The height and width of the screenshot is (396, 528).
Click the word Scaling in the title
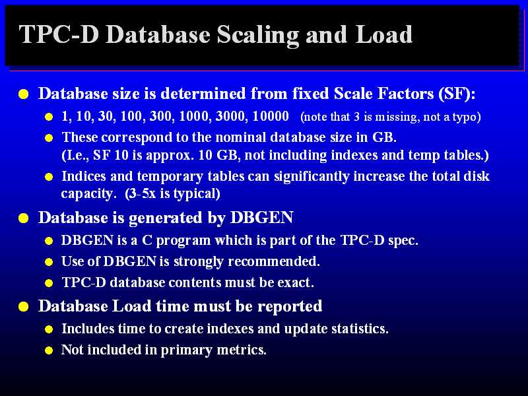(x=257, y=36)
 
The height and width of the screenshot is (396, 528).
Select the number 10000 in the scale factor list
(x=271, y=116)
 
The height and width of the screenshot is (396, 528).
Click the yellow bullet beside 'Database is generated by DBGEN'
(x=24, y=218)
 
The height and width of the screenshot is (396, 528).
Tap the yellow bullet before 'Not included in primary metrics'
(x=49, y=350)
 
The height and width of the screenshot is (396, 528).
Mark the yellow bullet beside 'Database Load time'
(x=24, y=307)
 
